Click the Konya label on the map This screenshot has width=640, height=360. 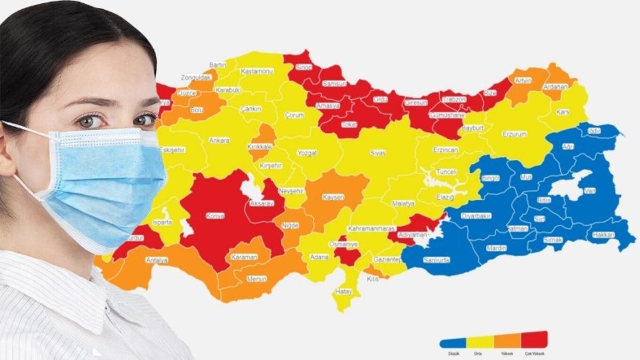(x=215, y=216)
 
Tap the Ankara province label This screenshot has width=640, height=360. (x=219, y=140)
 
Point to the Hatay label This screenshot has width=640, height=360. (x=343, y=291)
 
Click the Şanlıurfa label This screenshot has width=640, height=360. (x=436, y=260)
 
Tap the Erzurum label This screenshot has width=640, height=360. (x=514, y=134)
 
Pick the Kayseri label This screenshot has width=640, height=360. (x=333, y=197)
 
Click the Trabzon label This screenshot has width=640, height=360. (x=454, y=99)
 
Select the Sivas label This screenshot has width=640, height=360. (x=378, y=153)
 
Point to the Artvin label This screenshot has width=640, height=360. (x=523, y=81)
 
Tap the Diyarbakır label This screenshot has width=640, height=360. (x=476, y=216)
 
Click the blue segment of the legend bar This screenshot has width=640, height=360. (x=453, y=343)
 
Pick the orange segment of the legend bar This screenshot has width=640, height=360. (x=507, y=341)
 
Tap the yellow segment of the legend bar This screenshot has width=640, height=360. (x=480, y=342)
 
